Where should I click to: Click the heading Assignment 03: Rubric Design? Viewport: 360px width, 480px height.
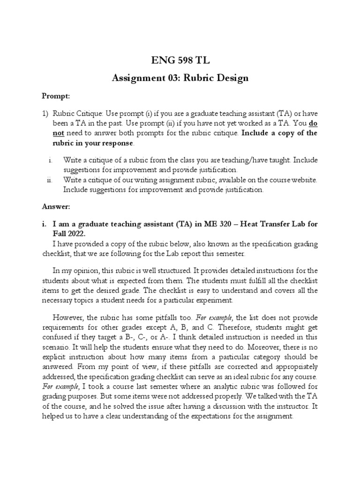click(180, 78)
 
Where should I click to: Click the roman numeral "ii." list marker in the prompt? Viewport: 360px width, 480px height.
click(51, 180)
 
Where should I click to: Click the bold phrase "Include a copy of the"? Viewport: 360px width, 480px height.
click(280, 133)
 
